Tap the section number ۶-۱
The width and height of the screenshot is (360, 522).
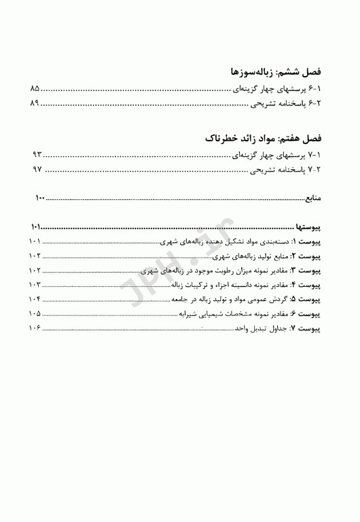click(x=318, y=88)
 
